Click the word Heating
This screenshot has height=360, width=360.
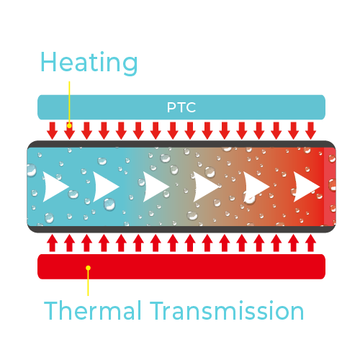(89, 63)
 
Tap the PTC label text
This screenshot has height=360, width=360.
(181, 107)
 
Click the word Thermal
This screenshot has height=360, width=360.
(92, 310)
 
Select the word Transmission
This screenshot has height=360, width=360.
(227, 310)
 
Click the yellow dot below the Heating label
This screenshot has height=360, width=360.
(69, 125)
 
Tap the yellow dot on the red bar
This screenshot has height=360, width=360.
(88, 268)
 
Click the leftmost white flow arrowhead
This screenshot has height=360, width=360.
(55, 186)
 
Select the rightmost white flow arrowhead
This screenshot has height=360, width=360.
(307, 186)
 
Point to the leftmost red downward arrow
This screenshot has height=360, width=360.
(52, 130)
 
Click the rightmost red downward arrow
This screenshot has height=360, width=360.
(310, 130)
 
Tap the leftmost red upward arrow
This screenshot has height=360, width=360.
(52, 243)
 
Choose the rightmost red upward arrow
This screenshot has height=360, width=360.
(310, 243)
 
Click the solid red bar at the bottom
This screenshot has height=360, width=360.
(181, 266)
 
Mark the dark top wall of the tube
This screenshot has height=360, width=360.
(181, 144)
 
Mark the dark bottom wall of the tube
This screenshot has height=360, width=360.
(181, 229)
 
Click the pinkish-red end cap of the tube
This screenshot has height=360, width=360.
(330, 186)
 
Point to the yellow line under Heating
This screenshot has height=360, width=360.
(69, 102)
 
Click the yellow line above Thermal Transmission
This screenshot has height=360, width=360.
(88, 282)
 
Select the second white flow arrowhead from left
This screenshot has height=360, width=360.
(106, 186)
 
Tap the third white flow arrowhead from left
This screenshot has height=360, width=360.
(156, 186)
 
